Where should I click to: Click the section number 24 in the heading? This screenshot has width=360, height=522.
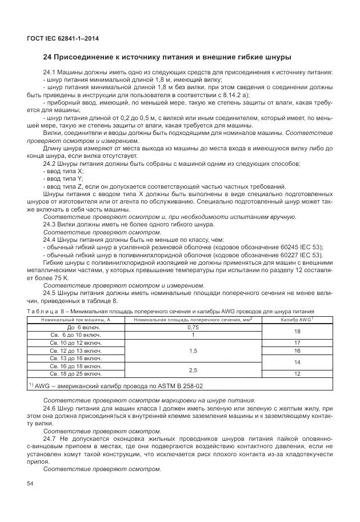click(48, 57)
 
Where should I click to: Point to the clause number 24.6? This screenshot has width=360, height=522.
click(52, 409)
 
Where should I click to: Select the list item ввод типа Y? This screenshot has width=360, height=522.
click(63, 178)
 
